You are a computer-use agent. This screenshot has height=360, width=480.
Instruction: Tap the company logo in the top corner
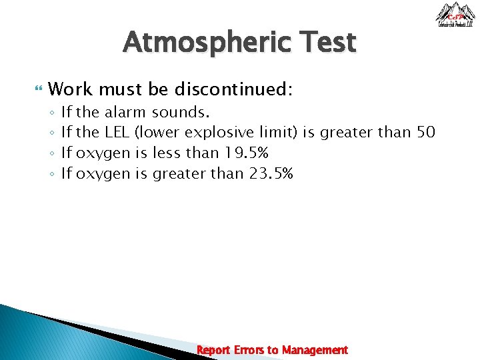tap(455, 15)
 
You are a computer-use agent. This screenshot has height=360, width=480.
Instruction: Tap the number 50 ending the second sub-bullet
tap(425, 132)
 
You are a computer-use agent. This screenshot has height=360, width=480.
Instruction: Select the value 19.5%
tap(246, 153)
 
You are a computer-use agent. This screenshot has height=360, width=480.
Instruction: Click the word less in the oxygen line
tap(167, 153)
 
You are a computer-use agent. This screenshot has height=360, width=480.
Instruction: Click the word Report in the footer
tap(213, 350)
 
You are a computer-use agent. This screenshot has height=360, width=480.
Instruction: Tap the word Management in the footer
tap(315, 350)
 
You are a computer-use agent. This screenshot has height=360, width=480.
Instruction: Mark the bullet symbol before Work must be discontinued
tap(38, 89)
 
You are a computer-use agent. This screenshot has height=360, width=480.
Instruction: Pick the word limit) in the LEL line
tap(282, 132)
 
